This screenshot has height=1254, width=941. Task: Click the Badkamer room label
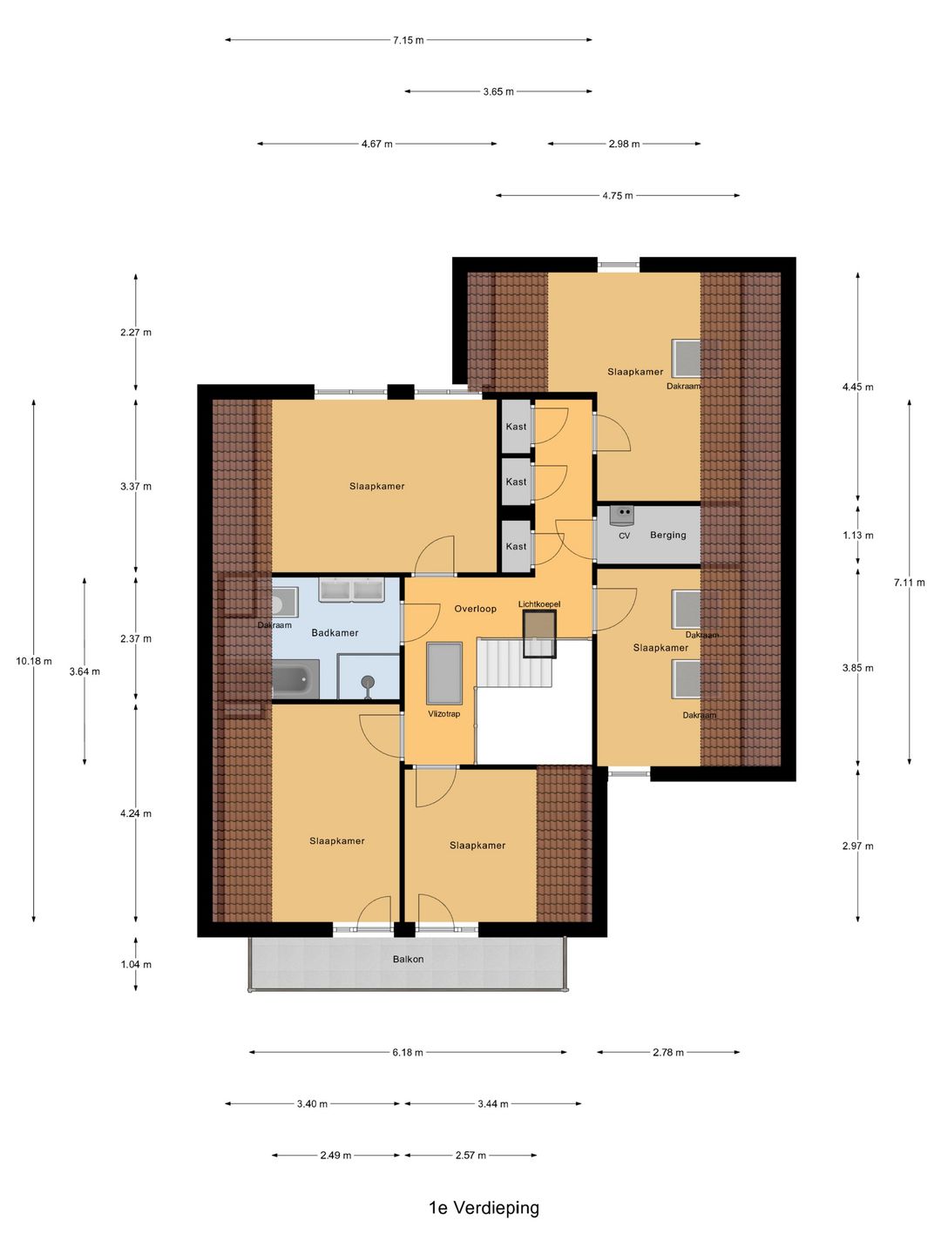pyautogui.click(x=335, y=632)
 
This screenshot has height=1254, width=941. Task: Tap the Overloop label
pyautogui.click(x=476, y=609)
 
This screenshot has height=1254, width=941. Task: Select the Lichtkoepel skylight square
pyautogui.click(x=539, y=634)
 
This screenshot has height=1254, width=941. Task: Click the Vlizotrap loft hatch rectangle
pyautogui.click(x=444, y=673)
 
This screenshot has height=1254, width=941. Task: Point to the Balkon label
pyautogui.click(x=408, y=959)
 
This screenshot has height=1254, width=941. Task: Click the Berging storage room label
pyautogui.click(x=668, y=536)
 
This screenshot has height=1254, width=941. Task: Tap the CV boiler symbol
pyautogui.click(x=621, y=516)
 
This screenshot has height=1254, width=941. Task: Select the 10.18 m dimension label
pyautogui.click(x=34, y=661)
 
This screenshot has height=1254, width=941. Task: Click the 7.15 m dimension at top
pyautogui.click(x=409, y=40)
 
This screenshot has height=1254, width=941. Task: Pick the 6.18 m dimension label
pyautogui.click(x=408, y=1052)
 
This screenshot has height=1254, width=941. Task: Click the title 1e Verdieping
pyautogui.click(x=484, y=1208)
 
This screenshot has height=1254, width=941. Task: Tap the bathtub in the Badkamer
pyautogui.click(x=295, y=678)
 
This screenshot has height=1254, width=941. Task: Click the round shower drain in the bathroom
pyautogui.click(x=368, y=681)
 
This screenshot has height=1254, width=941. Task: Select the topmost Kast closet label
pyautogui.click(x=516, y=426)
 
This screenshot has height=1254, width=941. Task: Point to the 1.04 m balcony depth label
pyautogui.click(x=136, y=964)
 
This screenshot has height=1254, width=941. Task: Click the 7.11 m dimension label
pyautogui.click(x=909, y=583)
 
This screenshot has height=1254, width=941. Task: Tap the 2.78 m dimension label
pyautogui.click(x=668, y=1052)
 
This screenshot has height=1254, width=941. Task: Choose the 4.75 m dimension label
pyautogui.click(x=618, y=195)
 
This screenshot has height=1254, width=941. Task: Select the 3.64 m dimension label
pyautogui.click(x=85, y=671)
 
